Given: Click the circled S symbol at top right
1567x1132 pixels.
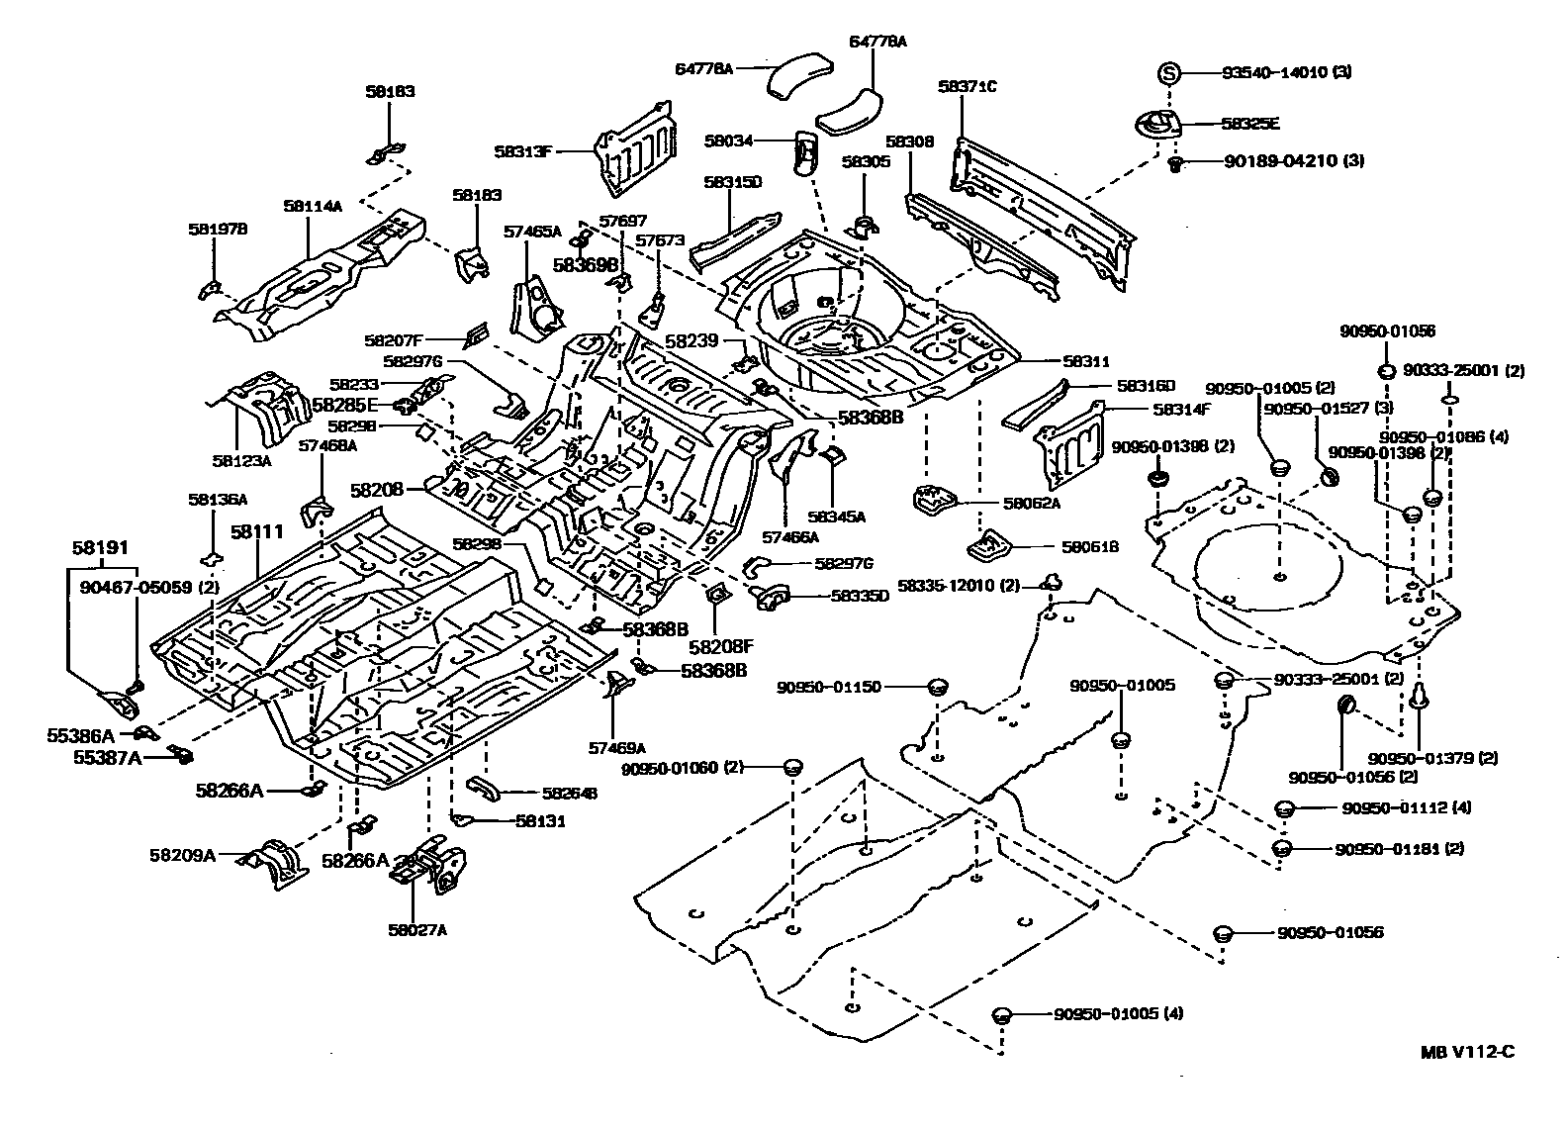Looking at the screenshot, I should tap(1168, 72).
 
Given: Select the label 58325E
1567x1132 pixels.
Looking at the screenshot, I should tap(1249, 124).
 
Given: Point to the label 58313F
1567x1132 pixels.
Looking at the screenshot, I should tap(524, 151).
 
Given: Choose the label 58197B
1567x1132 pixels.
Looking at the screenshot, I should tap(218, 230).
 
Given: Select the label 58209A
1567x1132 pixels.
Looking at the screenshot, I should tap(182, 855).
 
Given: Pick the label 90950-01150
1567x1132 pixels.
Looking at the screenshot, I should tap(828, 687).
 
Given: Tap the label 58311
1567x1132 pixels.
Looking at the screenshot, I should tap(1086, 362).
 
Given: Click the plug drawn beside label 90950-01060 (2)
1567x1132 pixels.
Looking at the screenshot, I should tap(792, 767).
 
